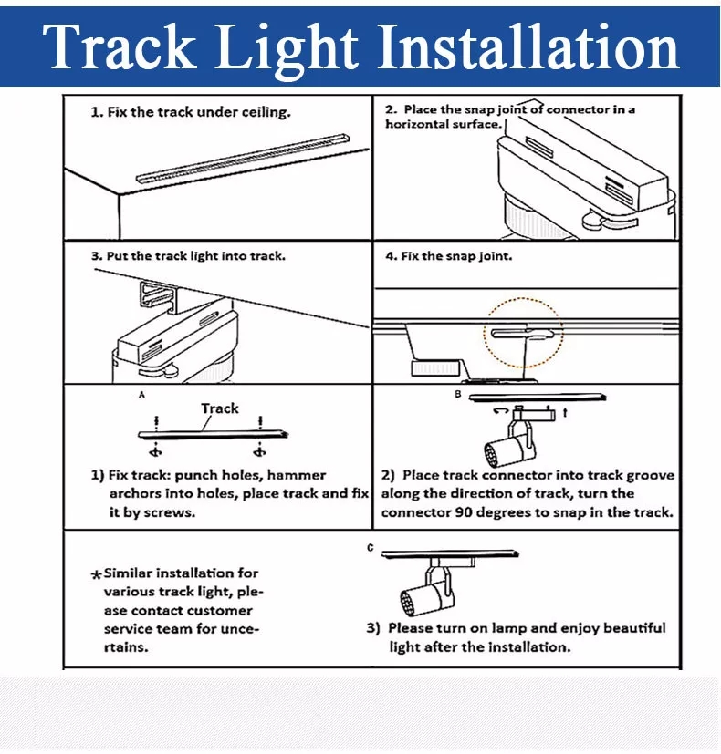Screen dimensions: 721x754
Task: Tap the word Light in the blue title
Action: tap(287, 49)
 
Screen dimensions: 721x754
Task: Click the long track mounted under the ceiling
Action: tap(243, 159)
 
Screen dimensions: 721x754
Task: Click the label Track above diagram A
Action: tap(219, 408)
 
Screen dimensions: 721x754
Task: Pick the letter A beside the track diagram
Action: tap(141, 395)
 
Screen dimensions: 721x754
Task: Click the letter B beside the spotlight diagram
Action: tap(458, 394)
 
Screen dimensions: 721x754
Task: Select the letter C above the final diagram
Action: tap(370, 548)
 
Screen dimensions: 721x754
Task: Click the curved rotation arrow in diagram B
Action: tap(501, 411)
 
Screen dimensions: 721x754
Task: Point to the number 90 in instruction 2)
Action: tap(464, 512)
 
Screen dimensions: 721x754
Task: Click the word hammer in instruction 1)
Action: tap(297, 476)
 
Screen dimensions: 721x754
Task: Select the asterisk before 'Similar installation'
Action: tap(96, 574)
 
